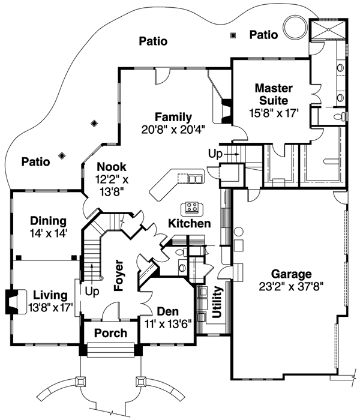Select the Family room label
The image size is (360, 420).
(173, 117)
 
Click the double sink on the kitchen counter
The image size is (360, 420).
(195, 178)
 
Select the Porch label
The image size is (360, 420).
(111, 333)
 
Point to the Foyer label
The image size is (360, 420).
(118, 275)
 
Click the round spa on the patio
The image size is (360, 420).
(295, 27)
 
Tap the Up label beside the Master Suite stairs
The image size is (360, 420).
(215, 154)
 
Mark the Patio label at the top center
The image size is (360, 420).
(152, 41)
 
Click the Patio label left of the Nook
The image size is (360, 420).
(36, 161)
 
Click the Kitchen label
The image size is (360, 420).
(189, 224)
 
